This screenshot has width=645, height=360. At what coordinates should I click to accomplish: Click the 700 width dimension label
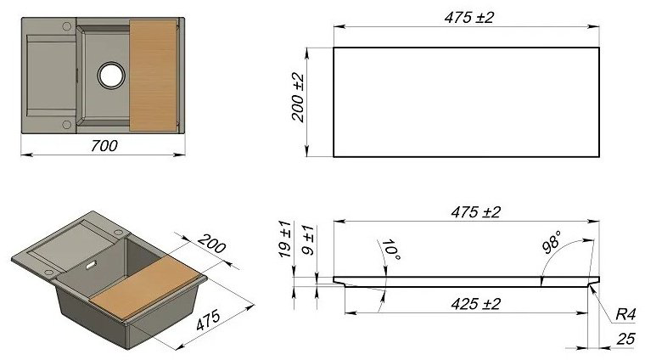point(104,146)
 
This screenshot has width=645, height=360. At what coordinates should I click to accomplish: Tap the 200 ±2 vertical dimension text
point(298,98)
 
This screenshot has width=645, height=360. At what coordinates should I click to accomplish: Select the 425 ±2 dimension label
point(476,304)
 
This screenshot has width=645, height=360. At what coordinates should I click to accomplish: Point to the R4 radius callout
point(625,315)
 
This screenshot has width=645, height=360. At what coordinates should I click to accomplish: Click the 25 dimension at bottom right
point(626,339)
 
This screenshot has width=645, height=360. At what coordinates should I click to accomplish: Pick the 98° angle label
point(552,242)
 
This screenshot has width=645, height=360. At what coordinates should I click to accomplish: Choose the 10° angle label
point(390,250)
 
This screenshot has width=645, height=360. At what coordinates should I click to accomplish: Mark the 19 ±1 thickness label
point(284,239)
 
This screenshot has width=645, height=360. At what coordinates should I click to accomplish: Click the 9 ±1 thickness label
point(308,240)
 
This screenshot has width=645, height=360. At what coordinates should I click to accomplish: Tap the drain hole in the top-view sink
point(111,75)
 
